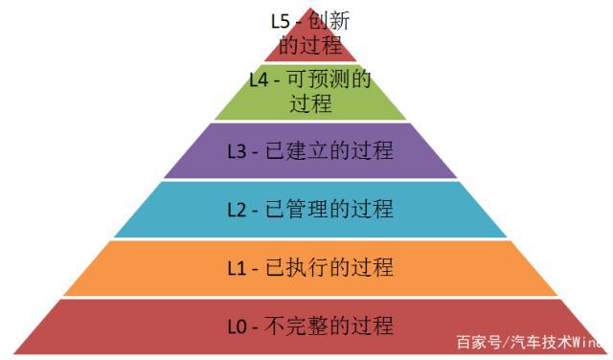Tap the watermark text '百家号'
tap(476, 342)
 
